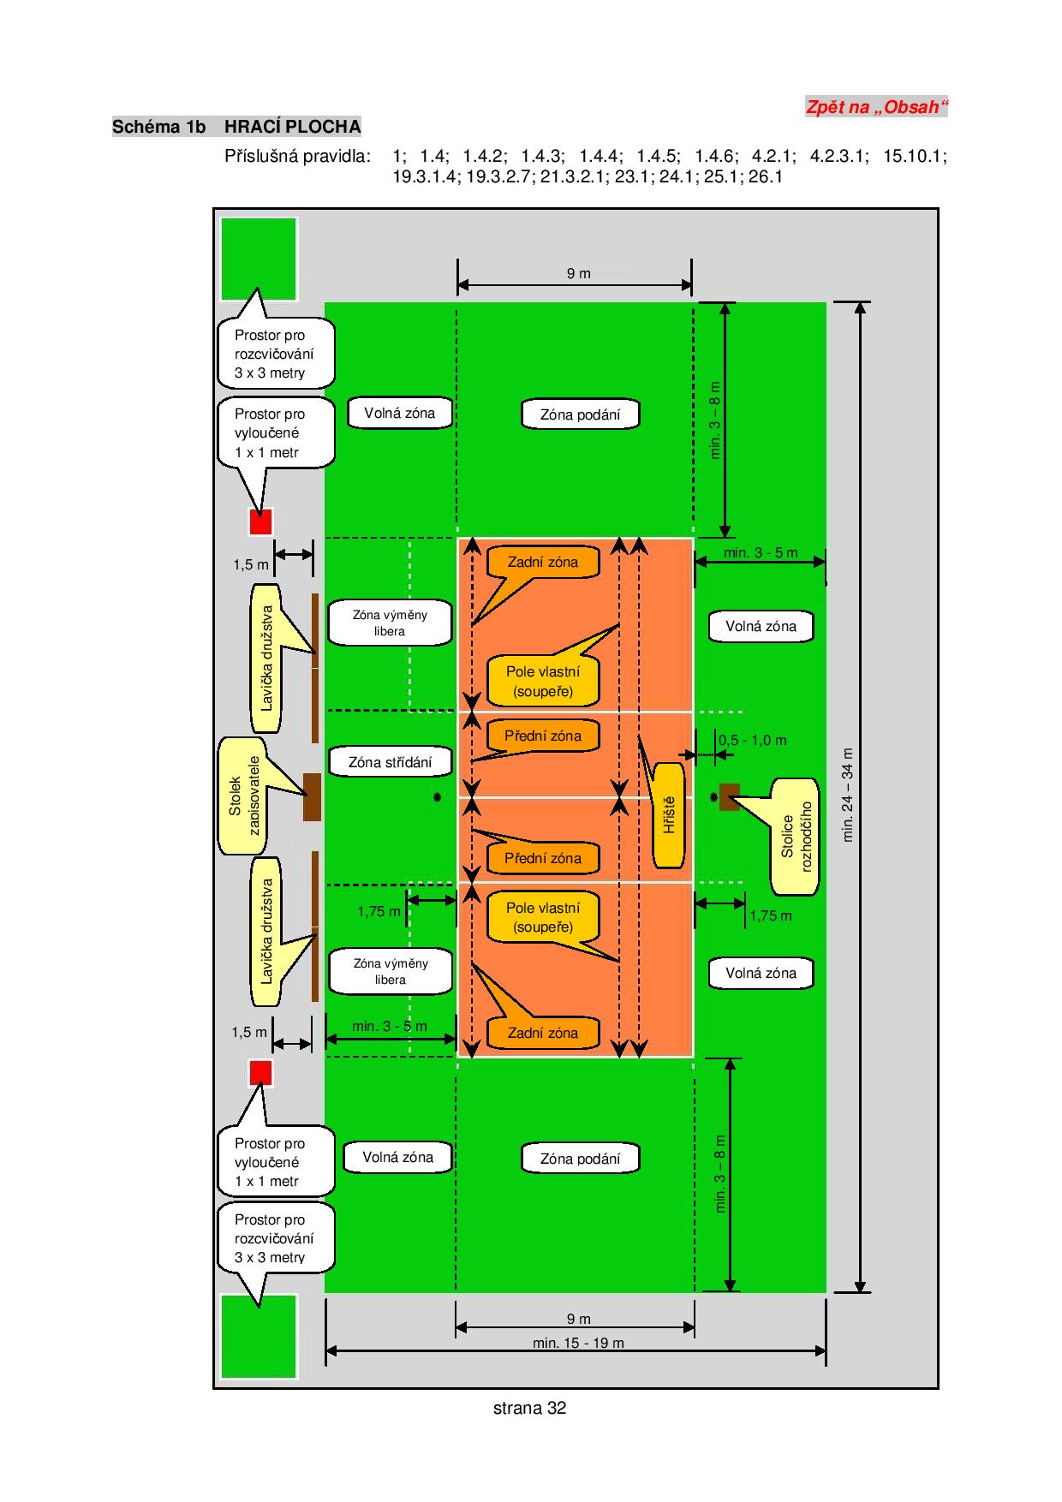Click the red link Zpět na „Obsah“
pyautogui.click(x=877, y=107)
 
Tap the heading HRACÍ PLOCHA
pyautogui.click(x=293, y=127)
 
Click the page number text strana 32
pyautogui.click(x=530, y=1408)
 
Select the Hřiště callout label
pyautogui.click(x=670, y=814)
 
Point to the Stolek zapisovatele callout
pyautogui.click(x=243, y=796)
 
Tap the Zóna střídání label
pyautogui.click(x=391, y=762)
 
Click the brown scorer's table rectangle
pyautogui.click(x=313, y=797)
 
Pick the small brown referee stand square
pyautogui.click(x=729, y=797)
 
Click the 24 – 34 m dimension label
pyautogui.click(x=848, y=795)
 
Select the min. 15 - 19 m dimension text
pyautogui.click(x=578, y=1343)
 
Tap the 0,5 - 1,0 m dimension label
pyautogui.click(x=753, y=740)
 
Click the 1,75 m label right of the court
pyautogui.click(x=771, y=915)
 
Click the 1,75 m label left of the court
pyautogui.click(x=379, y=911)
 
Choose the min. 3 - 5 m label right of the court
pyautogui.click(x=761, y=552)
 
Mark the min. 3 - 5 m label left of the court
pyautogui.click(x=390, y=1026)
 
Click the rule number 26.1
pyautogui.click(x=766, y=177)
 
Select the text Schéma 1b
pyautogui.click(x=159, y=127)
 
